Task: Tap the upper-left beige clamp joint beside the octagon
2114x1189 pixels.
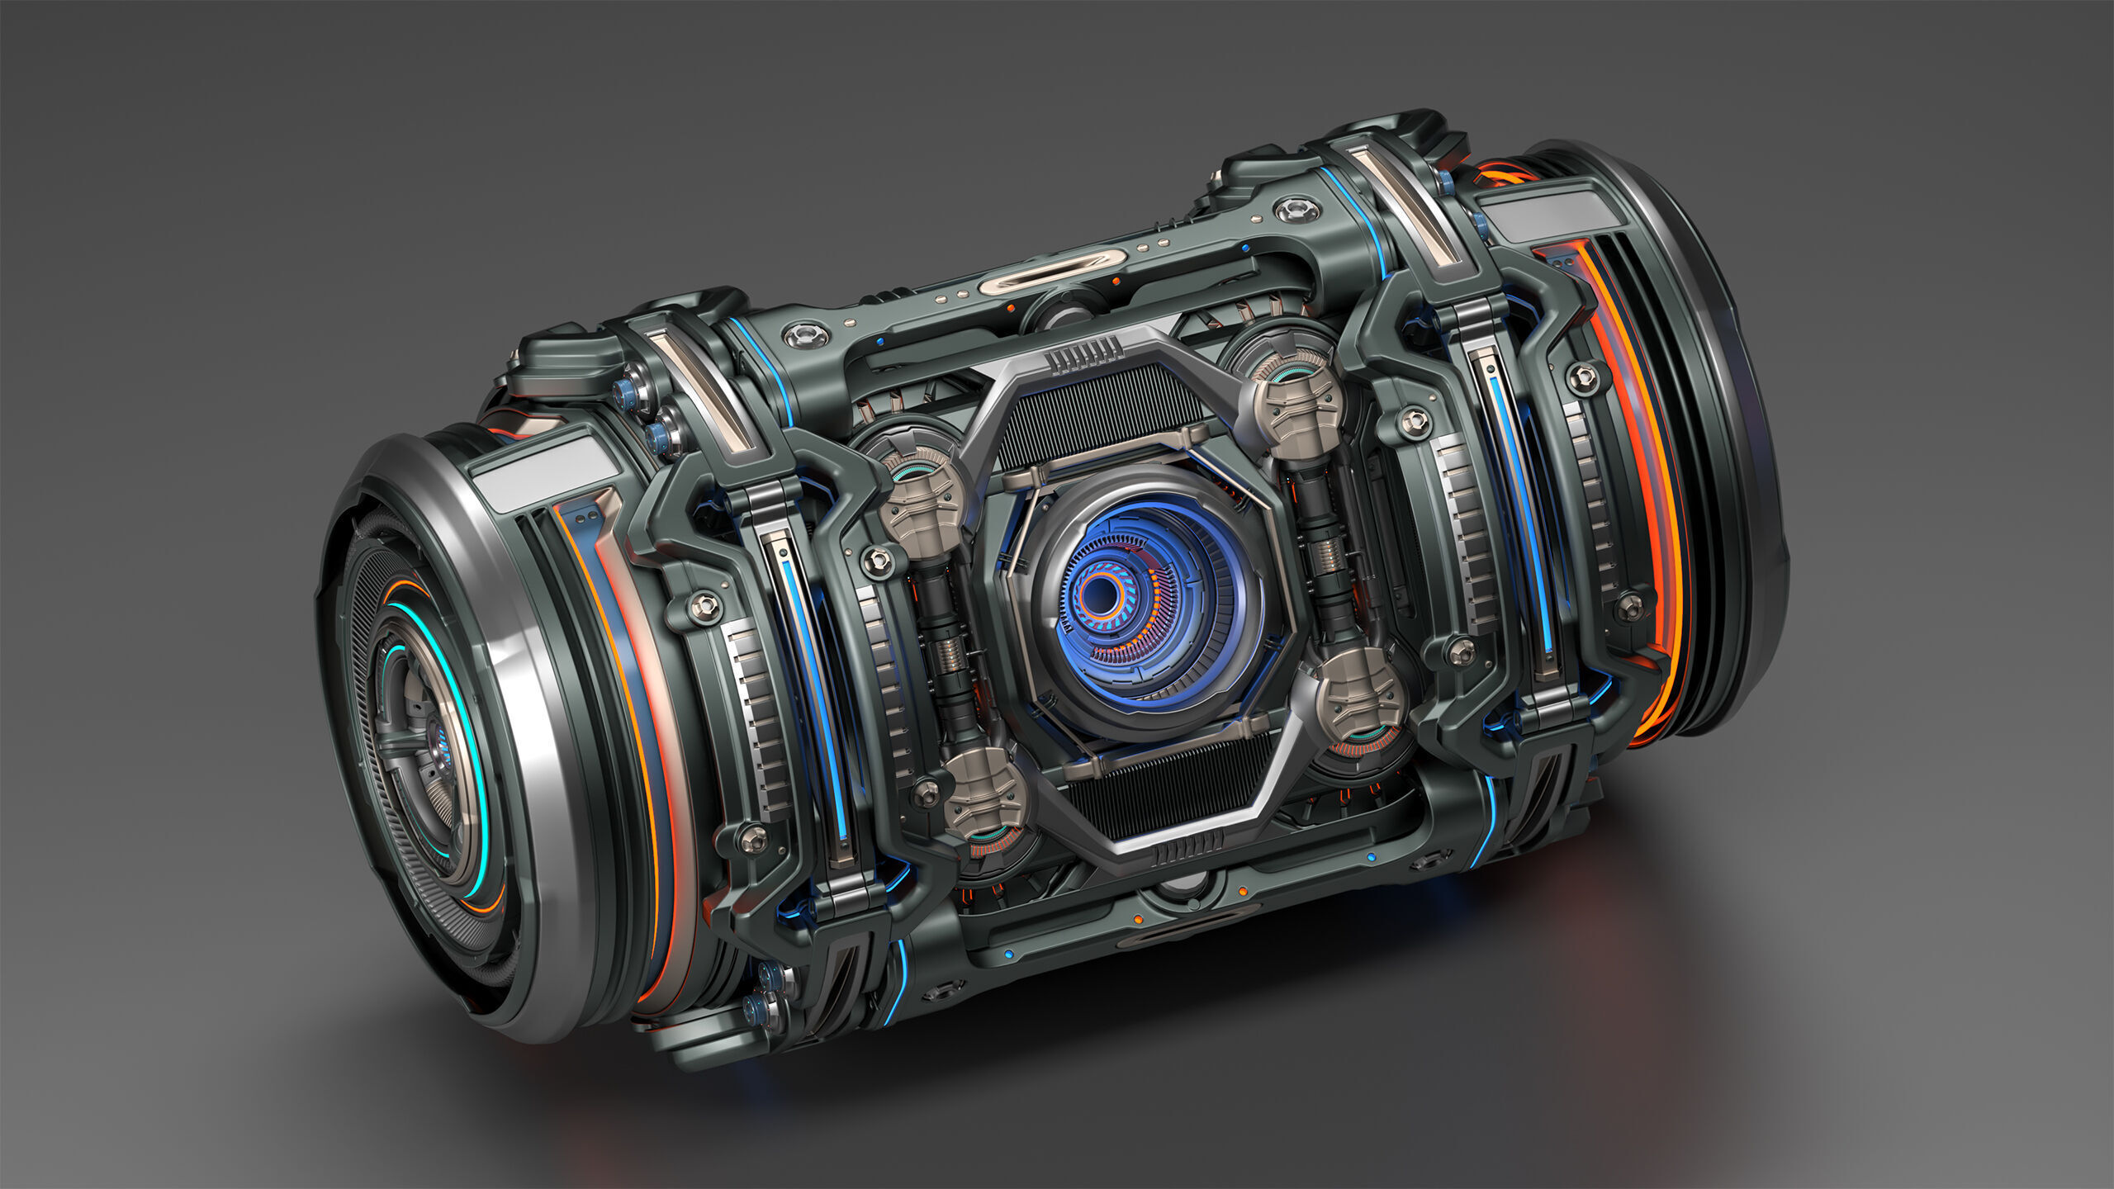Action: [922, 505]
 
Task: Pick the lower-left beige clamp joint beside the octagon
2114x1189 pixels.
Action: [986, 793]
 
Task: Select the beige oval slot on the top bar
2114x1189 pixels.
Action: [1052, 272]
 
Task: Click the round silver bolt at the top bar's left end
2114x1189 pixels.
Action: [805, 334]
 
